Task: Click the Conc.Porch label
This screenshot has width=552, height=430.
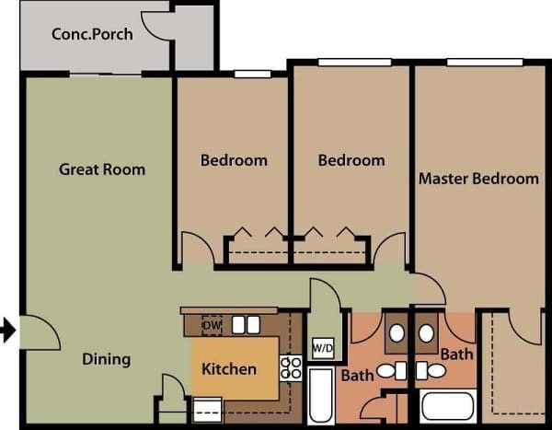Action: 92,35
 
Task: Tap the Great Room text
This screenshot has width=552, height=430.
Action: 102,169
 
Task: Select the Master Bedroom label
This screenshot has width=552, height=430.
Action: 478,179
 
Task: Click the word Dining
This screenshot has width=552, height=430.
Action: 106,359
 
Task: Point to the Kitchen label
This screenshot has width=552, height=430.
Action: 229,369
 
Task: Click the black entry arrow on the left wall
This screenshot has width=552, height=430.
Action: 7,330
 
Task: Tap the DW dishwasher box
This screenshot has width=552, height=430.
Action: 212,325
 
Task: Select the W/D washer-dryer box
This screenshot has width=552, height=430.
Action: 323,348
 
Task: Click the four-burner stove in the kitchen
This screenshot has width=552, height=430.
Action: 291,368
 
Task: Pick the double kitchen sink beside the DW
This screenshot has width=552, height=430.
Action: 245,325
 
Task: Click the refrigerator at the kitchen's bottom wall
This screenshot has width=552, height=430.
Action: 207,407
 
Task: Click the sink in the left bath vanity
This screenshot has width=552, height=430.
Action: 397,333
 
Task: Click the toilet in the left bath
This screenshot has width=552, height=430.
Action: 392,371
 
